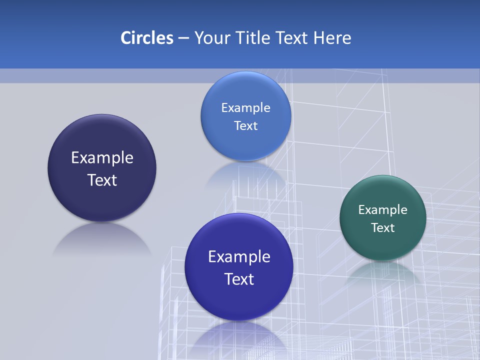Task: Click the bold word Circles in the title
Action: pyautogui.click(x=146, y=38)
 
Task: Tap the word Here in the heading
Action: pyautogui.click(x=332, y=38)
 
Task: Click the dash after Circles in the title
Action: pyautogui.click(x=183, y=38)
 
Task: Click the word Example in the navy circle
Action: pyautogui.click(x=102, y=158)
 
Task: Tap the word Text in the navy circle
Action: pyautogui.click(x=102, y=180)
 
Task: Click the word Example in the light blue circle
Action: pyautogui.click(x=245, y=108)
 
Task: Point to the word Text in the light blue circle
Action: pyautogui.click(x=245, y=126)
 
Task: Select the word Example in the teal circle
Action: pyautogui.click(x=383, y=210)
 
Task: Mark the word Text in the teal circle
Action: pyautogui.click(x=383, y=228)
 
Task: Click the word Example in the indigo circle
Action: pyautogui.click(x=239, y=257)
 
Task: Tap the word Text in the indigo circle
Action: pyautogui.click(x=239, y=279)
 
